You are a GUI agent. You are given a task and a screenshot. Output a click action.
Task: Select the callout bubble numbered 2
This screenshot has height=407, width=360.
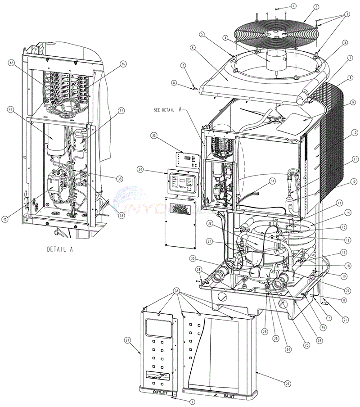[316, 7]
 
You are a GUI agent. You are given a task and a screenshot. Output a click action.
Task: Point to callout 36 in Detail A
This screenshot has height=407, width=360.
[123, 64]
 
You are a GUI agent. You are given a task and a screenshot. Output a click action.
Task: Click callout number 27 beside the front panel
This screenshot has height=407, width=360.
[128, 340]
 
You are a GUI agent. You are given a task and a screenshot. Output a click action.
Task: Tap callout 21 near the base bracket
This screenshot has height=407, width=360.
[345, 320]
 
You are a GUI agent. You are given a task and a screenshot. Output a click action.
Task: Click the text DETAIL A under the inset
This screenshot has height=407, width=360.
[60, 249]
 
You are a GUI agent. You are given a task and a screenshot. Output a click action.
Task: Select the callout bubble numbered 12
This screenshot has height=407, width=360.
[355, 182]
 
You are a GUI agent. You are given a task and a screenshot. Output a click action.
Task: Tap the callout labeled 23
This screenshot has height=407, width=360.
[307, 345]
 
